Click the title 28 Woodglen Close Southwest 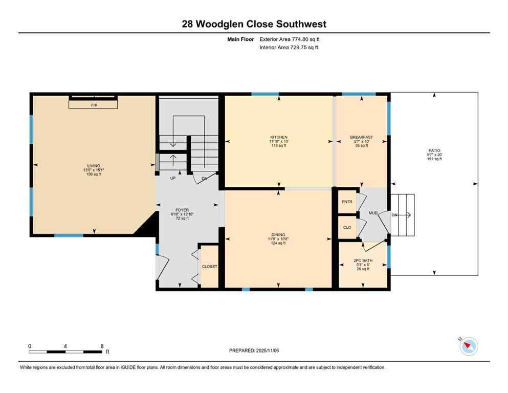tap(254, 24)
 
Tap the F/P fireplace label tap(94, 105)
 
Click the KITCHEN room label tap(279, 137)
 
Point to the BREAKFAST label tap(361, 137)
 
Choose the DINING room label tap(278, 235)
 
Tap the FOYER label tap(182, 210)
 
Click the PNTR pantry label tap(347, 202)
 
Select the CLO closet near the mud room tap(347, 227)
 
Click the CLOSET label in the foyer tap(209, 267)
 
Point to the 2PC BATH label tap(363, 260)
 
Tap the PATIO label tap(434, 150)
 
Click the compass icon tap(469, 346)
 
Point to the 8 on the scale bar tap(102, 346)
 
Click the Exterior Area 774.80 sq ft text tap(290, 39)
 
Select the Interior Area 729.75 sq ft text tap(289, 48)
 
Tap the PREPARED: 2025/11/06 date tap(254, 351)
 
